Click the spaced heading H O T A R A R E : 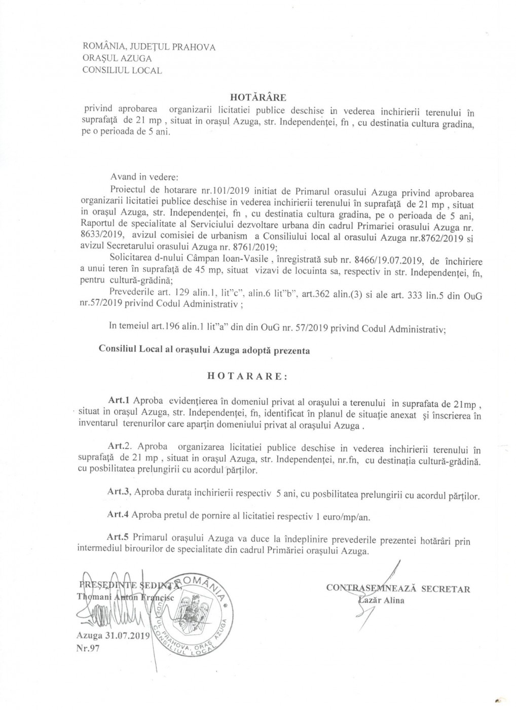(247, 377)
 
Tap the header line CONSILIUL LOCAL (122, 70)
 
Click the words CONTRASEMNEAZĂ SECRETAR (398, 589)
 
